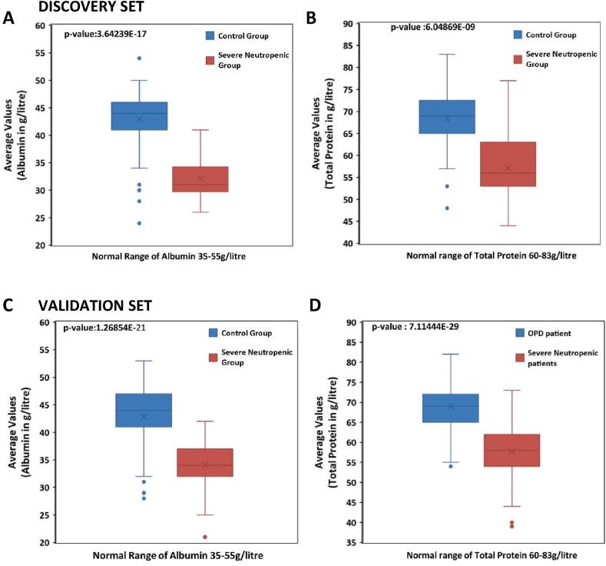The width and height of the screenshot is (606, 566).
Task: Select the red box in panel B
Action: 508,164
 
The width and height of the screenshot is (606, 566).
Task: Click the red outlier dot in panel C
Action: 205,537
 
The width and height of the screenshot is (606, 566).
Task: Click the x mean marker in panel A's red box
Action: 200,178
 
